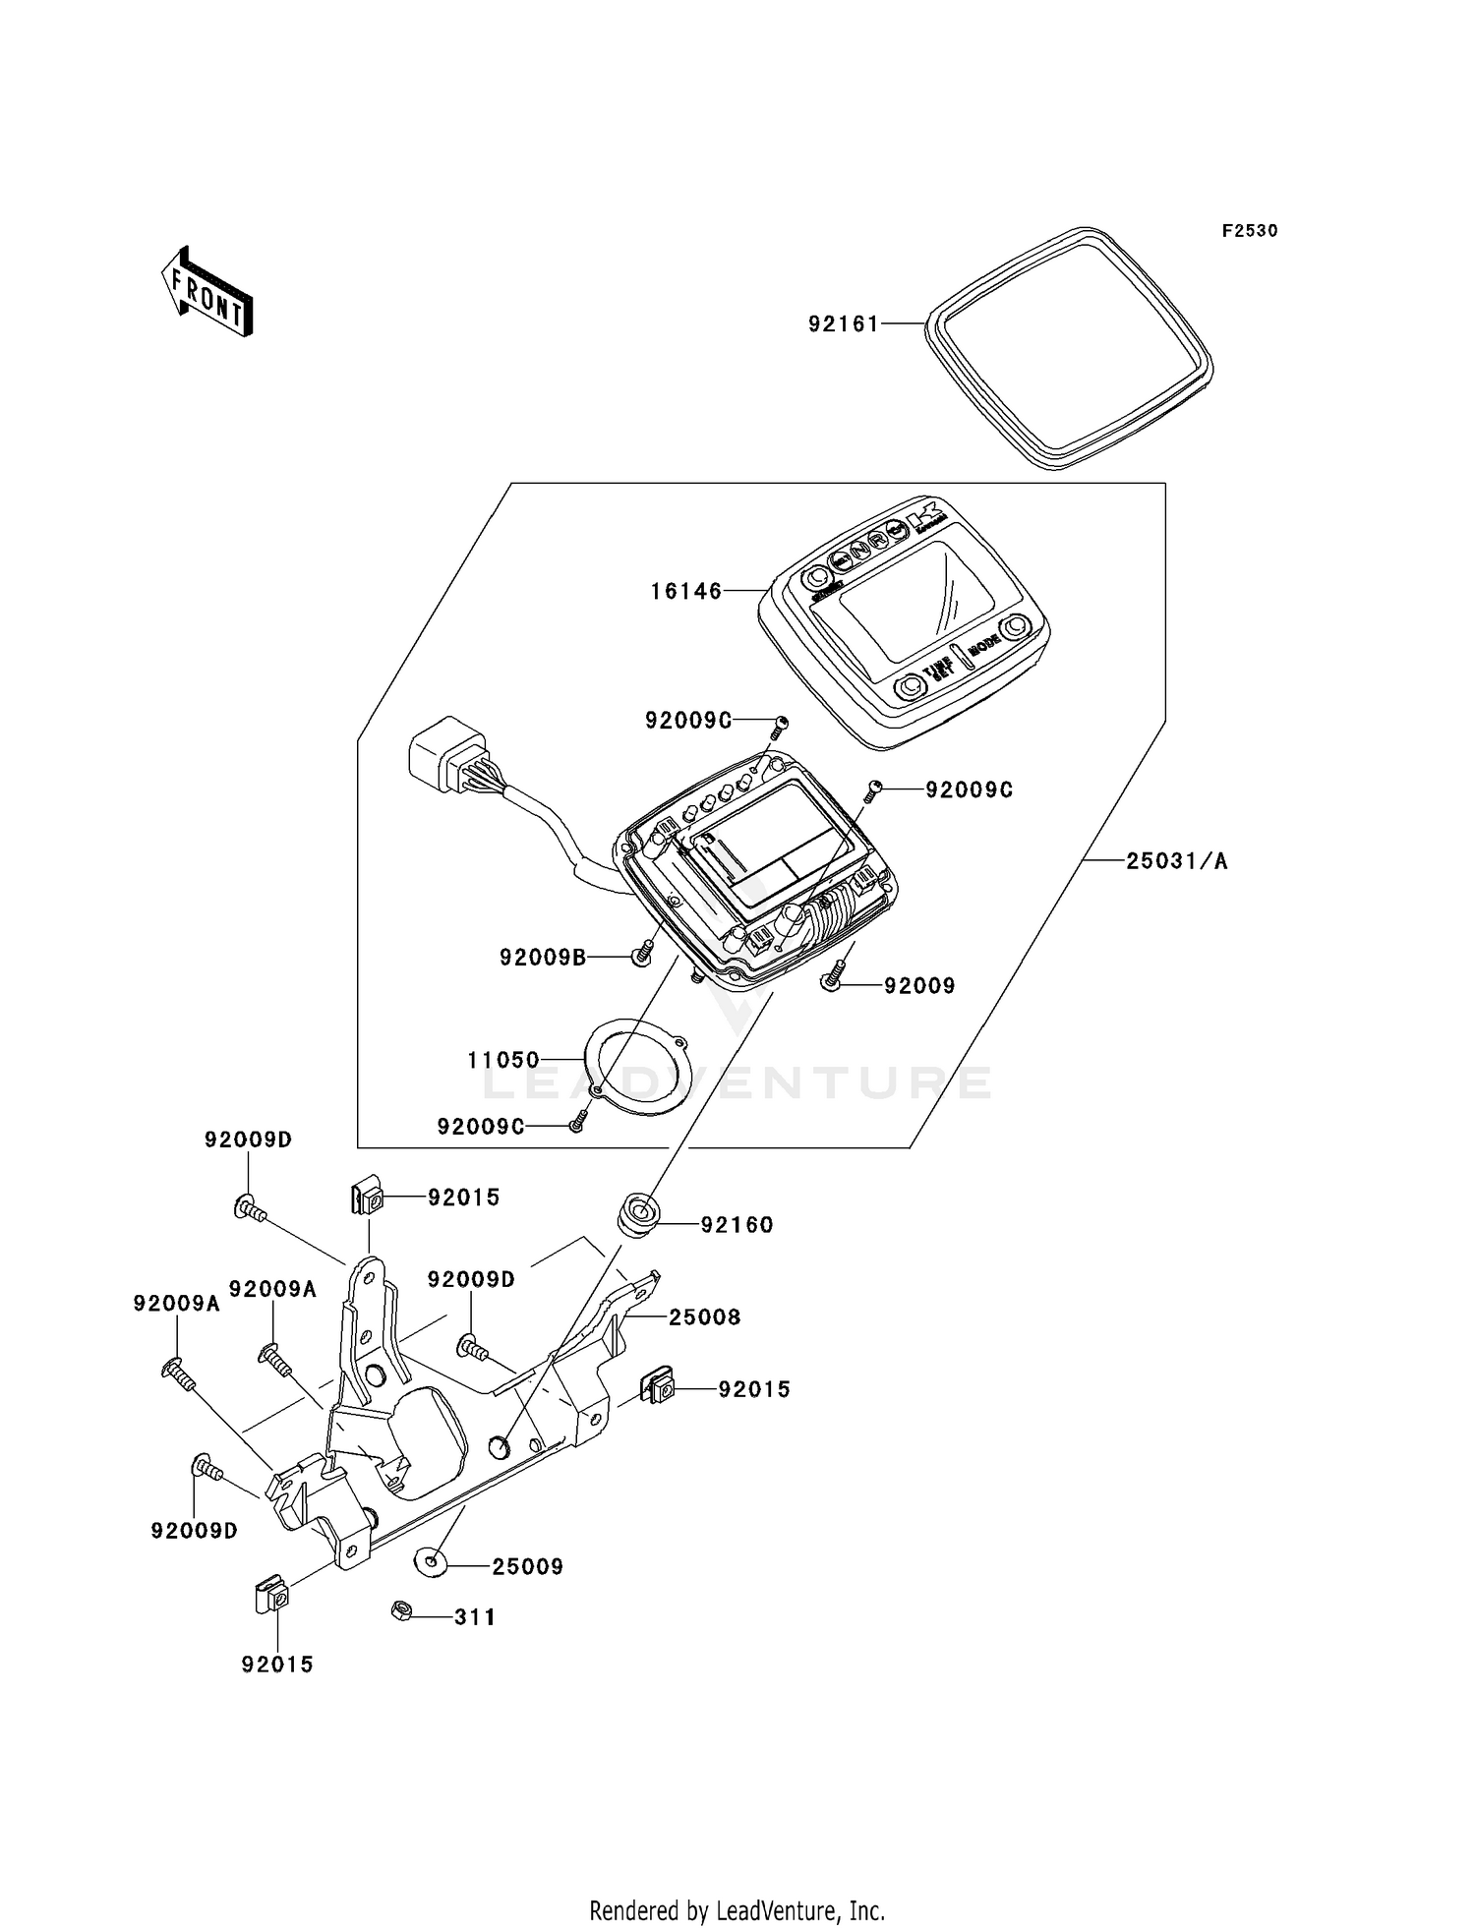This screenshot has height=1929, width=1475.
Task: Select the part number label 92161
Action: click(x=844, y=323)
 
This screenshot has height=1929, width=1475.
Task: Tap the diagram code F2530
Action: click(x=1250, y=231)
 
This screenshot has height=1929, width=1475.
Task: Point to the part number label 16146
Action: click(x=686, y=591)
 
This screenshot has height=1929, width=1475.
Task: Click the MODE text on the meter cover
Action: click(x=984, y=646)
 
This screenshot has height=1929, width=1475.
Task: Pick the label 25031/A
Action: click(x=1177, y=861)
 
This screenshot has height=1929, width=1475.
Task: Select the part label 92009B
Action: click(x=543, y=956)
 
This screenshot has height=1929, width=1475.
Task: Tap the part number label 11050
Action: click(x=503, y=1060)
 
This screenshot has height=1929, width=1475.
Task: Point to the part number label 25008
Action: click(x=705, y=1316)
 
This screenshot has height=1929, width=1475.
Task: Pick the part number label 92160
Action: click(x=737, y=1225)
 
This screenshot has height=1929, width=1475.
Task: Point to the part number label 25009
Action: click(x=528, y=1566)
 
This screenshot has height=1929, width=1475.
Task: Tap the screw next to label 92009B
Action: click(x=644, y=953)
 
